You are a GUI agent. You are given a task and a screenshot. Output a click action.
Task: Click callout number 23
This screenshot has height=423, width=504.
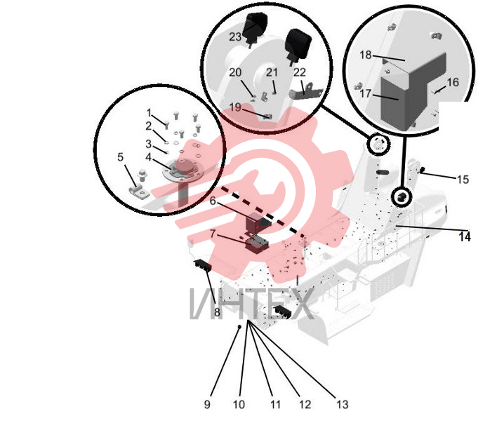coord(235,36)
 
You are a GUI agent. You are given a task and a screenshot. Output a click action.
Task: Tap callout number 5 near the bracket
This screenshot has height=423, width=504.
coord(121,157)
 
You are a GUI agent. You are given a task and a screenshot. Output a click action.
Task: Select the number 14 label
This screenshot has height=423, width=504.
coord(465,236)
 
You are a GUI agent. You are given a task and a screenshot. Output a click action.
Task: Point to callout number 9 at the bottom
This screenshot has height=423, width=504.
coord(207,404)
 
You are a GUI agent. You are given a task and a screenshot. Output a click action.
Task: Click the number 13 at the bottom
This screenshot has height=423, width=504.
coord(343,404)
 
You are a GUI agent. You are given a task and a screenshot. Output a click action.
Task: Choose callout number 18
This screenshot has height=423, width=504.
coord(366,55)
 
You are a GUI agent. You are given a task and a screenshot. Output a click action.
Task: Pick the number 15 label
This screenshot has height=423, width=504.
coord(463,179)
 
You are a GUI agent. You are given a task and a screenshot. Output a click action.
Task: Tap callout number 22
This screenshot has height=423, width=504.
coord(299,72)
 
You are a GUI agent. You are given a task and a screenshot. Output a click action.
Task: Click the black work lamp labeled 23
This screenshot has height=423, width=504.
coord(255,27)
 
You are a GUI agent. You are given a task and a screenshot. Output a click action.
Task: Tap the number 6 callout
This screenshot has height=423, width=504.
coord(213,201)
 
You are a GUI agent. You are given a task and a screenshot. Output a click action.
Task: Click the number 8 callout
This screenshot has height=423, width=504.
coord(217,312)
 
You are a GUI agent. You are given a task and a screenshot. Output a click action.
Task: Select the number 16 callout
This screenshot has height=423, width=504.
coord(453,82)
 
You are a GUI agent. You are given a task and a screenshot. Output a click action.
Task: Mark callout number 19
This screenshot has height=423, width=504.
coord(235,107)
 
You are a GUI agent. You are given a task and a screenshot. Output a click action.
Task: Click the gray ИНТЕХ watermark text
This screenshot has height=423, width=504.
coord(251,304)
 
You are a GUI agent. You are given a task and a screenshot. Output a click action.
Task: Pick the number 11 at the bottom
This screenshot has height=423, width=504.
coord(275,404)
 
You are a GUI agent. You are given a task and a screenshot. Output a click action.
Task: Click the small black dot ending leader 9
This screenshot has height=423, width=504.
coord(239,327)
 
